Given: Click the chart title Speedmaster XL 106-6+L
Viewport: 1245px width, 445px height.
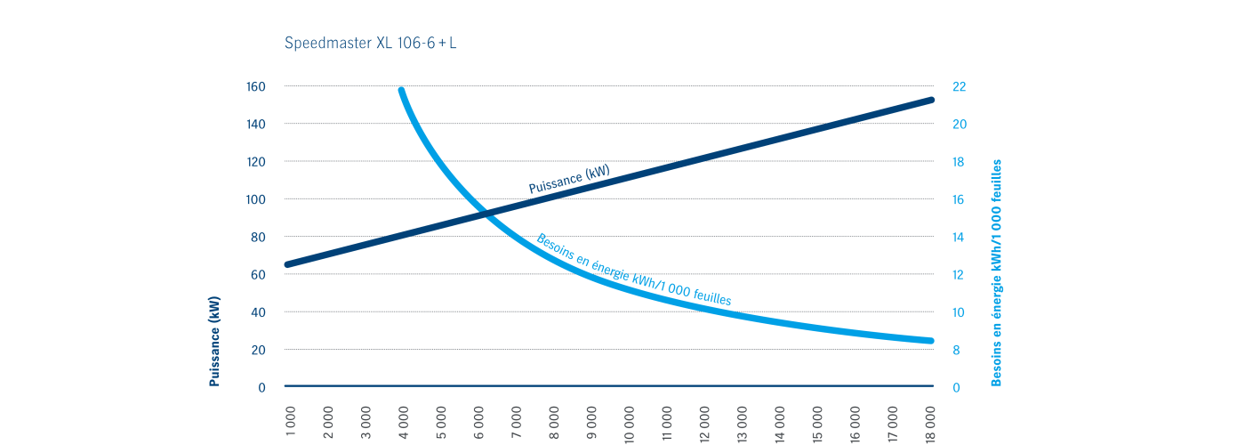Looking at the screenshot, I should point(371,43).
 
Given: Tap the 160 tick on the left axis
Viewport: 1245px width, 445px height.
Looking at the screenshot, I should point(256,87).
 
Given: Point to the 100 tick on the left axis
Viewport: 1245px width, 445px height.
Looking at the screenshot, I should point(256,199).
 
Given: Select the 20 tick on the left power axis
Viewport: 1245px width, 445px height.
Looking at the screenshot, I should point(259,350).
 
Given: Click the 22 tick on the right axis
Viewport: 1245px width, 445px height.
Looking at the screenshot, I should point(960,87).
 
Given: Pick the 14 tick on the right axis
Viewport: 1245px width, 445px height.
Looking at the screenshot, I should point(960,237).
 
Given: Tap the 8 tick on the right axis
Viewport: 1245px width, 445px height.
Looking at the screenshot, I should point(956,350).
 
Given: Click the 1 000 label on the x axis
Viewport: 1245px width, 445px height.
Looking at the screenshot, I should point(291,424).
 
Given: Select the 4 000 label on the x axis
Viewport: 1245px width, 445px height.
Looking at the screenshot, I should point(404,424).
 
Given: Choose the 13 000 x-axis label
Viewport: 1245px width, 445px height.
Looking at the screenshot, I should point(743,422).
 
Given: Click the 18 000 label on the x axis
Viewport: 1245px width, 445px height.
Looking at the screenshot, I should point(931,422).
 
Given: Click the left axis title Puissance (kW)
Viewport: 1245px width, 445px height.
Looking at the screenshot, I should point(214,342).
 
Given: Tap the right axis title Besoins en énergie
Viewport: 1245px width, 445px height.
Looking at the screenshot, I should point(996,272).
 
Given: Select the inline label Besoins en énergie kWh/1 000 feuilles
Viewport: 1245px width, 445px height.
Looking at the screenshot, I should point(633,271).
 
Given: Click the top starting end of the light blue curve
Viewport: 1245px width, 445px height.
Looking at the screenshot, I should point(402,90).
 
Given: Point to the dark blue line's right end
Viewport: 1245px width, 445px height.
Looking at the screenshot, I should point(931,100).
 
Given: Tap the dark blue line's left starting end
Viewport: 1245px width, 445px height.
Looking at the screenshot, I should point(287,264).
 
